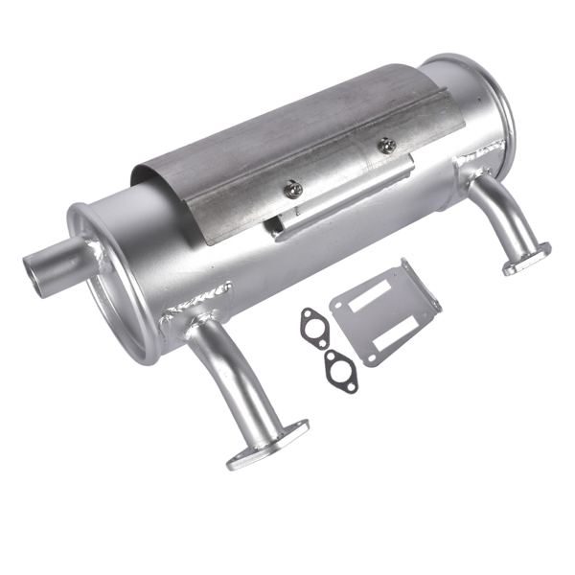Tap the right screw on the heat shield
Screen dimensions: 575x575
[x=386, y=146]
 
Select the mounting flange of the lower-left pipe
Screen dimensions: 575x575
[x=267, y=446]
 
